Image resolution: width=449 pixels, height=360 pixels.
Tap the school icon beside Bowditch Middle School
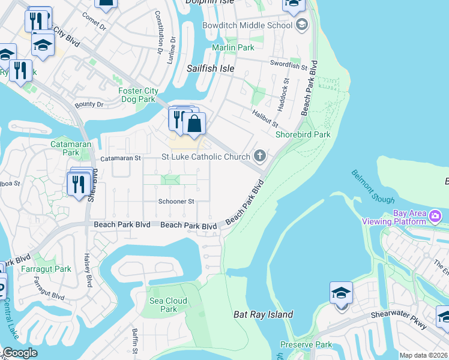tap(301, 25)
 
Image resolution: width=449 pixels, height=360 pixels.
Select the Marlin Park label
tap(233, 47)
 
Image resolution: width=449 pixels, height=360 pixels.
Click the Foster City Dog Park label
tap(138, 95)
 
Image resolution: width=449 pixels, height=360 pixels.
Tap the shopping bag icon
tap(194, 124)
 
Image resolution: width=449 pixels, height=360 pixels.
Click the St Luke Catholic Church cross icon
tap(260, 157)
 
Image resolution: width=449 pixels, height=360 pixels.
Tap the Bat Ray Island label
tap(263, 314)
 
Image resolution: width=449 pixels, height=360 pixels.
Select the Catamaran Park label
tap(65, 148)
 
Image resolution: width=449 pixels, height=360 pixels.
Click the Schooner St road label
tap(176, 202)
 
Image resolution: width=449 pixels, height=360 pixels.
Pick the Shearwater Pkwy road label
tap(398, 319)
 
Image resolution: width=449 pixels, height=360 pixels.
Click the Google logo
tap(19, 353)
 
